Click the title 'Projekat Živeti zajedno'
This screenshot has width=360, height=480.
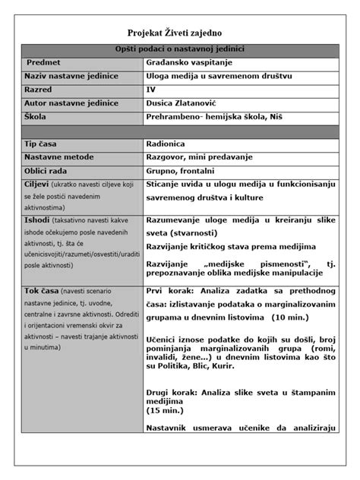[179, 33]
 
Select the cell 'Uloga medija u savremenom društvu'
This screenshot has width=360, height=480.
[219, 76]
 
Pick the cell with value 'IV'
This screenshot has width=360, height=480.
[150, 90]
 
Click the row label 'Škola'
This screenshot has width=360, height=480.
[38, 117]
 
